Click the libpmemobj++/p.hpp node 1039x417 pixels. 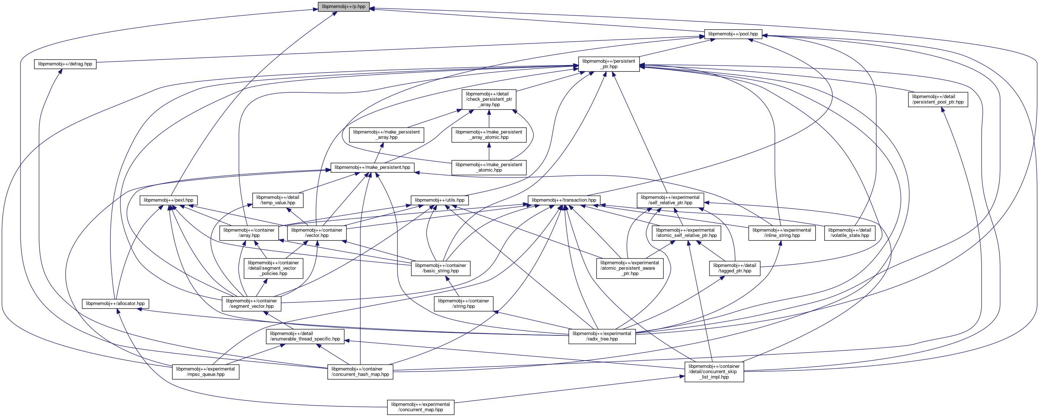343,7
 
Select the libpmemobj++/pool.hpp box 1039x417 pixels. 733,34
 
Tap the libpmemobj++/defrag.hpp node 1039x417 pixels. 65,64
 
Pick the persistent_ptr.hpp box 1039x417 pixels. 609,64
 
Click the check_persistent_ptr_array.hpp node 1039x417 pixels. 489,99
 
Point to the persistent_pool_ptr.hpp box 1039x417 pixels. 938,99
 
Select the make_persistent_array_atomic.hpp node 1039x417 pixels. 489,134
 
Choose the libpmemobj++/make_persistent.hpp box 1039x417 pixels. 372,167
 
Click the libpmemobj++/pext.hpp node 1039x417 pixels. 168,200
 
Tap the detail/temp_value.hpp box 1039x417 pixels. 278,200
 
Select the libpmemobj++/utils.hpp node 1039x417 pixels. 439,200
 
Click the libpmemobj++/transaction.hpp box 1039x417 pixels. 564,200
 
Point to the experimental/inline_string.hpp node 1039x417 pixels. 782,233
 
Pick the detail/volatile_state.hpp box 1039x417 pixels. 850,233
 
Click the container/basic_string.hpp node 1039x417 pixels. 440,268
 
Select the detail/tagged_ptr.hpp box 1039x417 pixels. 734,268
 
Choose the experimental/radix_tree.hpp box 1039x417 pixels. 602,336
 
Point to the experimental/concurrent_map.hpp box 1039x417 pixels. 420,407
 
